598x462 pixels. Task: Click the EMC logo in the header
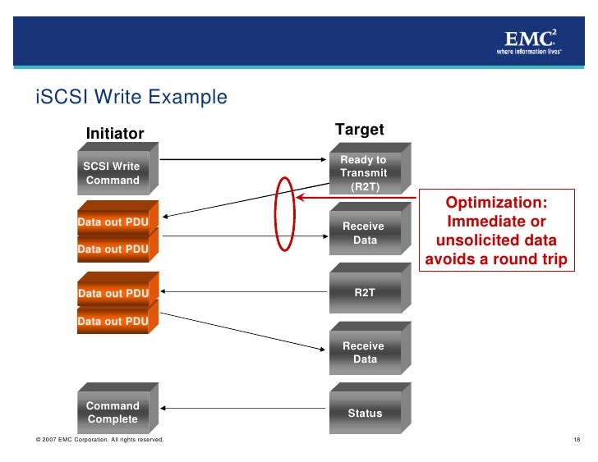[x=530, y=41]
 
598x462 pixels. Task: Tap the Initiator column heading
[x=116, y=134]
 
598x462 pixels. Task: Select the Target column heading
[x=360, y=130]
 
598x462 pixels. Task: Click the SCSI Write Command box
[x=113, y=173]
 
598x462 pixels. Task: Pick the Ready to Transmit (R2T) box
[x=364, y=172]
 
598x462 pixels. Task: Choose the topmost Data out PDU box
[x=113, y=222]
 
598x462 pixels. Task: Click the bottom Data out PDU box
[x=113, y=322]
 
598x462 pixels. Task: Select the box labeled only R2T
[x=365, y=292]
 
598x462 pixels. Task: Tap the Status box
[x=365, y=413]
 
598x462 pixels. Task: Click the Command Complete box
[x=113, y=412]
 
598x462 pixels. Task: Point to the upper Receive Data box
[x=364, y=233]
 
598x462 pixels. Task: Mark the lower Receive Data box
[x=364, y=353]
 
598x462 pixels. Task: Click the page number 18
[x=577, y=441]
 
